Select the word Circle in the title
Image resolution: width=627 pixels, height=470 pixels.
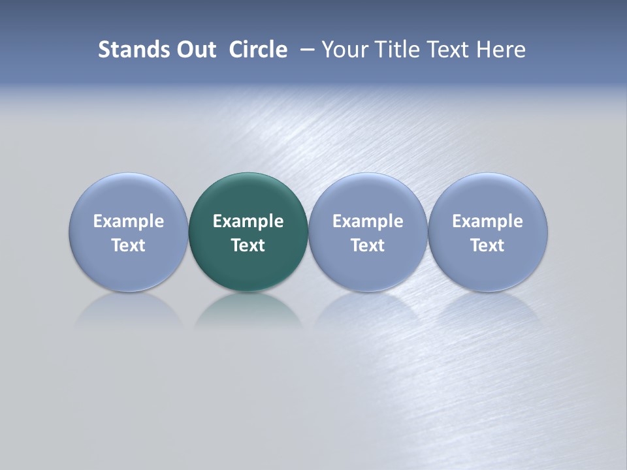(258, 50)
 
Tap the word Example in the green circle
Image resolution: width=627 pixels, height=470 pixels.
(248, 221)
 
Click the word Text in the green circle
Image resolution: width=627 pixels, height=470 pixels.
(248, 245)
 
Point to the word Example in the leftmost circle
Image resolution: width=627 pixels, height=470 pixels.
(129, 221)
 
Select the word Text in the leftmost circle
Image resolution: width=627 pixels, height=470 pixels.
(129, 245)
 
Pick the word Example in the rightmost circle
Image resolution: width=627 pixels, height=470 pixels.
(488, 221)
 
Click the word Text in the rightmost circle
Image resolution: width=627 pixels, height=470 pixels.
(488, 245)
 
